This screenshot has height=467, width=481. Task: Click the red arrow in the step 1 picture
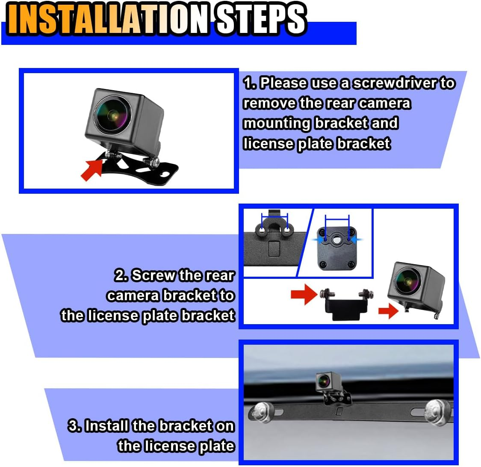click(x=91, y=170)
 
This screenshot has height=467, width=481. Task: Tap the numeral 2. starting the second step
click(x=121, y=275)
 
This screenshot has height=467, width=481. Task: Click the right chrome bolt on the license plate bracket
click(x=440, y=412)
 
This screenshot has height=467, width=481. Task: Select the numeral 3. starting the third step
click(x=75, y=426)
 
